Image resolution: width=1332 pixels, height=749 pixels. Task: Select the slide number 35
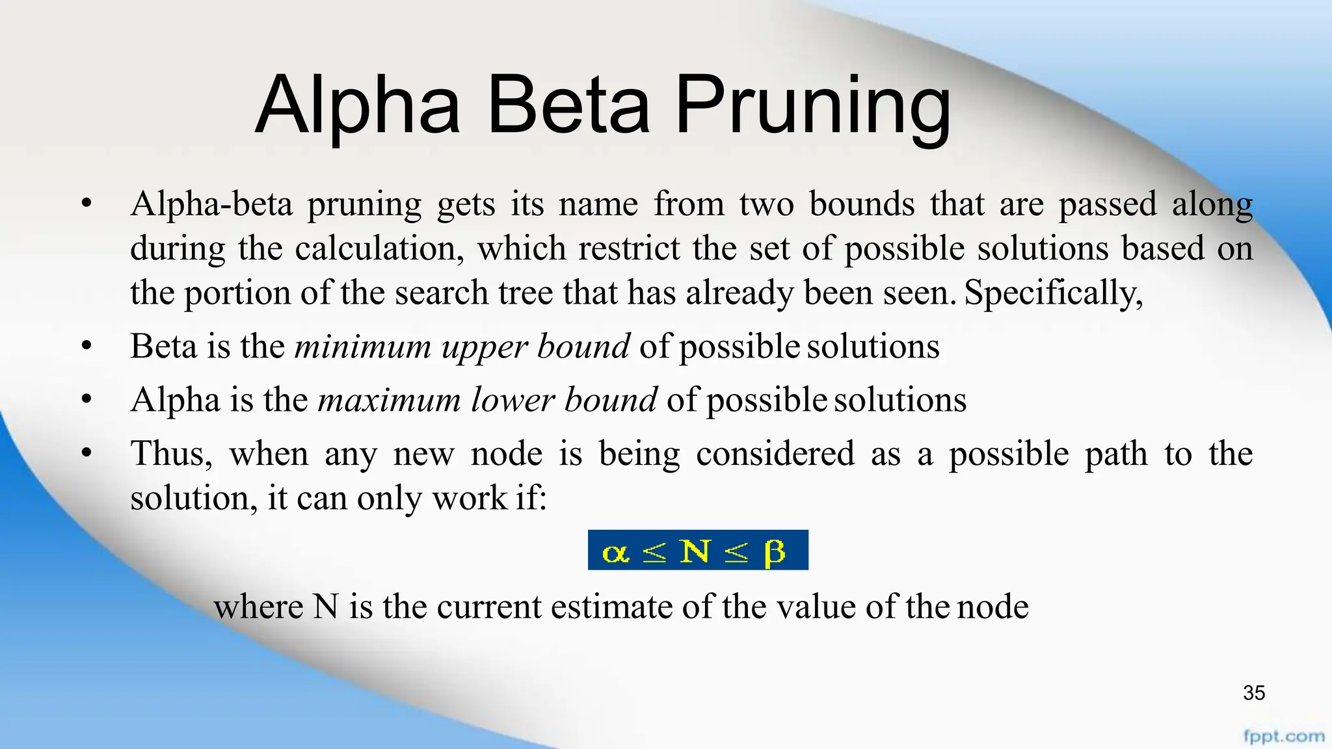click(1253, 693)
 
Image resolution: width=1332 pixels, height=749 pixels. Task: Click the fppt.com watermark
click(1283, 737)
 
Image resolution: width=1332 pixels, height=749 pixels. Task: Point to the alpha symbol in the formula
click(615, 553)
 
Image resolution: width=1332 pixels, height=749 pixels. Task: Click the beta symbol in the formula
click(774, 553)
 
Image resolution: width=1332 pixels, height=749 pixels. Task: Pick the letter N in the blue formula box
click(695, 551)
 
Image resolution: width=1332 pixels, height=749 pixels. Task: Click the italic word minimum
click(363, 346)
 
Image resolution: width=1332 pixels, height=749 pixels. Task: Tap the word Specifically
click(1053, 293)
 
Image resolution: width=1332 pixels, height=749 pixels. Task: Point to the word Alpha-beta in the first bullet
click(211, 204)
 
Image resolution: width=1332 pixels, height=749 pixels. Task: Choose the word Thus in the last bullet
click(171, 453)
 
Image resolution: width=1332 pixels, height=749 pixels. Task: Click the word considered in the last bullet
click(775, 453)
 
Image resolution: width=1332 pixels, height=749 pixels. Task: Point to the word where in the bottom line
click(258, 607)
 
